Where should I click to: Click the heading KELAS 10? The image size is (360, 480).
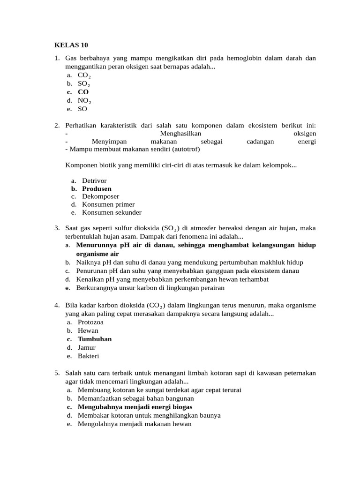71,45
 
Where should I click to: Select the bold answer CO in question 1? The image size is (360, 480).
83,92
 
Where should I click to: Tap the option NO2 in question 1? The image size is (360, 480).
84,101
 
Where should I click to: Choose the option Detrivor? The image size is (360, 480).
94,180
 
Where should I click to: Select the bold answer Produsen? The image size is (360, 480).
97,188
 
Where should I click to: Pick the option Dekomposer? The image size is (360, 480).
100,196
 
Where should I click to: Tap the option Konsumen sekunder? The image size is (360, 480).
112,212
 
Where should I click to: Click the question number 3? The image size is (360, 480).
56,228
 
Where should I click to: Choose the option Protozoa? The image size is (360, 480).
90,322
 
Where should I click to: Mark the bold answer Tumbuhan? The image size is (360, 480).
95,339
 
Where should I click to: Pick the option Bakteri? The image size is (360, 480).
88,356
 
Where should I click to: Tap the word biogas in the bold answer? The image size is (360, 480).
180,407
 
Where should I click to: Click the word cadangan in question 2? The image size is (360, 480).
260,142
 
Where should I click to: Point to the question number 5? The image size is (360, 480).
56,373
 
